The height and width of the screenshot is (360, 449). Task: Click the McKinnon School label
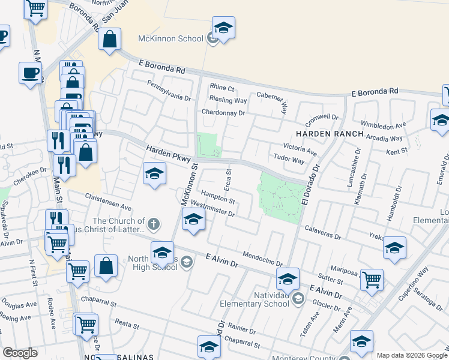pos(170,39)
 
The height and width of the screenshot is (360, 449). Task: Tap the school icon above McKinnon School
pos(223,28)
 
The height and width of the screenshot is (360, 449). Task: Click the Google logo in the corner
pos(20,352)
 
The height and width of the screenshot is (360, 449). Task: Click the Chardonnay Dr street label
pos(223,112)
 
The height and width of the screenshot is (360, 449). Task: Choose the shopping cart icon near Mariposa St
pos(372,279)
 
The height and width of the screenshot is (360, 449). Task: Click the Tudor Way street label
pos(290,160)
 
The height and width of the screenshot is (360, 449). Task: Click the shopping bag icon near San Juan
pos(110,40)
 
